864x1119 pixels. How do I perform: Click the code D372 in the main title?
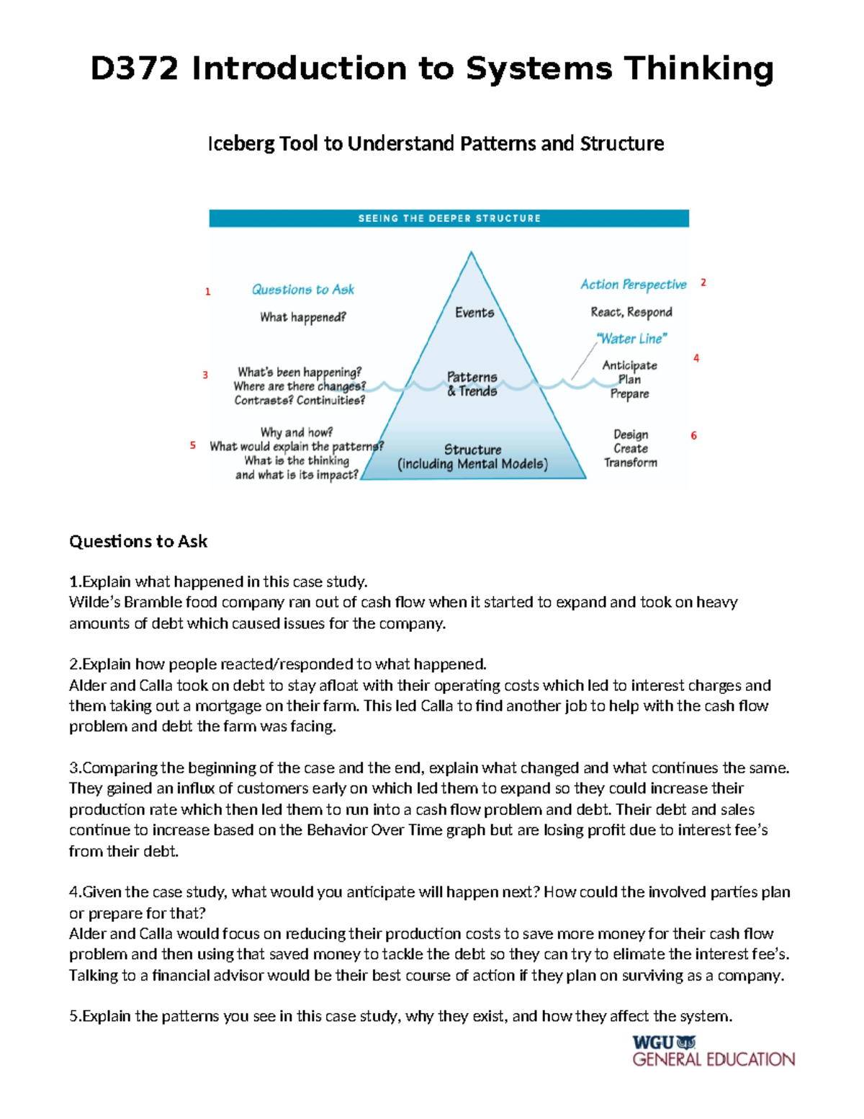[x=134, y=69]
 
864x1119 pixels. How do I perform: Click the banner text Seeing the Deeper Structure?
[x=449, y=218]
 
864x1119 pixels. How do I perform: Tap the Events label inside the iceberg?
[x=474, y=313]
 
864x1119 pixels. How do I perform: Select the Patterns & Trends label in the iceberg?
[x=472, y=384]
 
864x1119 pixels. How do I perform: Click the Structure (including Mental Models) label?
[x=472, y=457]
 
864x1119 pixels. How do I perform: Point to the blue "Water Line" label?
[x=632, y=339]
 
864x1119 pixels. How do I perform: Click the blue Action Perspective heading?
[x=634, y=285]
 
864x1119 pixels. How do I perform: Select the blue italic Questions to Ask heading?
[x=302, y=290]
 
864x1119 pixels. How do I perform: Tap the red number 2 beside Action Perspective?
[x=703, y=283]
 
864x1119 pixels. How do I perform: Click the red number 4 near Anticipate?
[x=696, y=358]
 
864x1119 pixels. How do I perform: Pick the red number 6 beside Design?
[x=694, y=436]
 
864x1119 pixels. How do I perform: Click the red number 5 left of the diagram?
[x=193, y=446]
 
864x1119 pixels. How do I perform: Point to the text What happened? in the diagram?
[x=303, y=317]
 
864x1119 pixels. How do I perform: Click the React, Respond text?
[x=631, y=312]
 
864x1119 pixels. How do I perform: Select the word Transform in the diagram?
[x=631, y=463]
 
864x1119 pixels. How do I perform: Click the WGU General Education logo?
[x=713, y=1051]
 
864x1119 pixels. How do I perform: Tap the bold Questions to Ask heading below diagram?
[x=138, y=542]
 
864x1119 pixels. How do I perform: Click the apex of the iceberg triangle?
[x=472, y=253]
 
